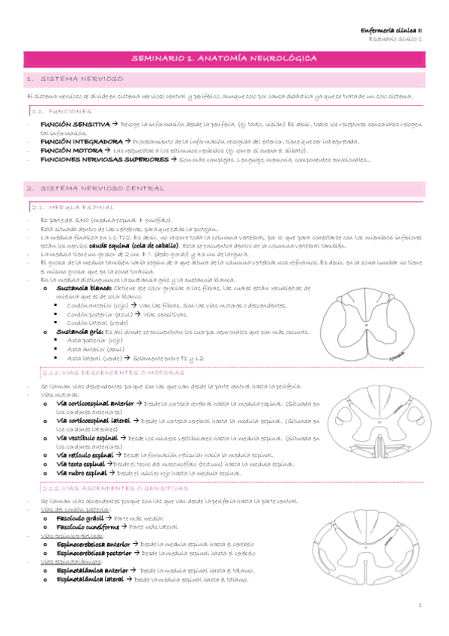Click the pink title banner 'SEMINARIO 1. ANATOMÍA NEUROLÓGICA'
tap(224, 58)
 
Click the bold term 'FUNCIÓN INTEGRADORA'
tap(78, 140)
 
